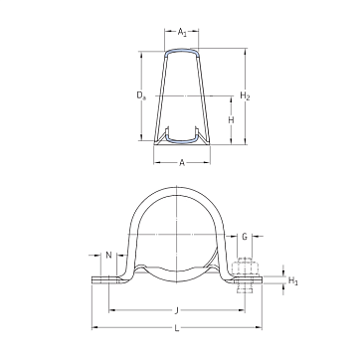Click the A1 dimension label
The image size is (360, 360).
182,32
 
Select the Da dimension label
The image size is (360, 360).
141,95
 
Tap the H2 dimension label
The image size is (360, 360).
245,96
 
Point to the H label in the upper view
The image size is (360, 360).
231,120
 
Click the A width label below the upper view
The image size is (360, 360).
182,162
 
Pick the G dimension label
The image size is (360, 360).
245,237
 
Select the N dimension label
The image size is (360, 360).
108,255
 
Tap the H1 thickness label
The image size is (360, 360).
293,281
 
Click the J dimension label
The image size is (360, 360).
177,310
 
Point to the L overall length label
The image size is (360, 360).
177,328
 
